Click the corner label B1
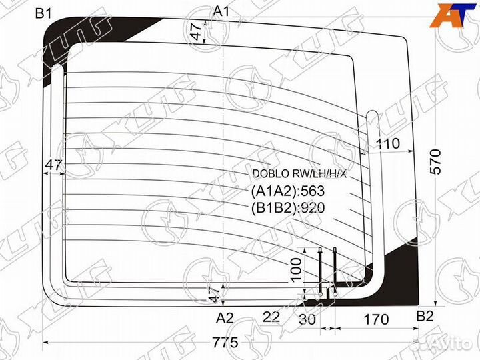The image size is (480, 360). coord(43,14)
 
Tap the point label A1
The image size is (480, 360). coord(221,11)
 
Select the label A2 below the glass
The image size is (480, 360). coord(225,319)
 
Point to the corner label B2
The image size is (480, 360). coord(425,316)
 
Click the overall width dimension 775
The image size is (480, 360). coord(225,342)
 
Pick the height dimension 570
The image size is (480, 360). coord(436,161)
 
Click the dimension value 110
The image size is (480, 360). coord(387,143)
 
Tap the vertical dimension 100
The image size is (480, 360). coord(296,270)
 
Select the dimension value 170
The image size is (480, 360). coord(376,319)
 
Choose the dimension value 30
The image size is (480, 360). coord(307,319)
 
